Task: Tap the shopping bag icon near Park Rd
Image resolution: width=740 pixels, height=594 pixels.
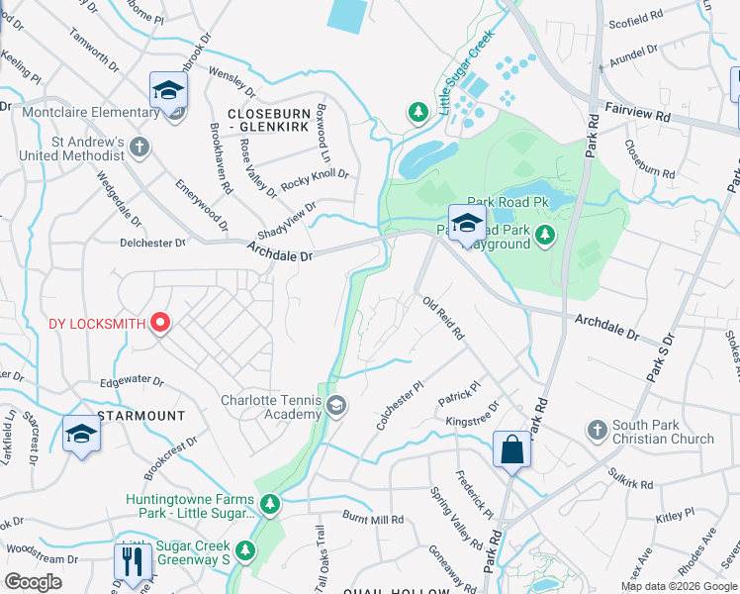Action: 511,450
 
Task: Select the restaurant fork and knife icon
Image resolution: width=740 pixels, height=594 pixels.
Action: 131,561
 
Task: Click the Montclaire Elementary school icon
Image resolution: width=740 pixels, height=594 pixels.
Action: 169,91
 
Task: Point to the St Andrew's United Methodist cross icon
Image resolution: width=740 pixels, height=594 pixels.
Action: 139,148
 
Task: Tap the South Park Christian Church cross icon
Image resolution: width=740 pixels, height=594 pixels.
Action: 596,430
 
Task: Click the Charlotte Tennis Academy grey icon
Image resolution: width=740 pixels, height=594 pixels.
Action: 336,406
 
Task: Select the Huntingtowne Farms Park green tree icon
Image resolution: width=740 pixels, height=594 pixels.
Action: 270,505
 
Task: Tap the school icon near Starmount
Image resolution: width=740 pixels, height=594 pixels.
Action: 81,434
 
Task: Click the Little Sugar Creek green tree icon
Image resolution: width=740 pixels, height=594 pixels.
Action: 418,113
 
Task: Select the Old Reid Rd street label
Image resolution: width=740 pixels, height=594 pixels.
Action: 443,318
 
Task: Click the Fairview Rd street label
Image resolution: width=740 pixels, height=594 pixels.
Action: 637,116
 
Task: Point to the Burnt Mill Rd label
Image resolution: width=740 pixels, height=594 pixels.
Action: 373,519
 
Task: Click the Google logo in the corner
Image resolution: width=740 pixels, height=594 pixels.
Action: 33,582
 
